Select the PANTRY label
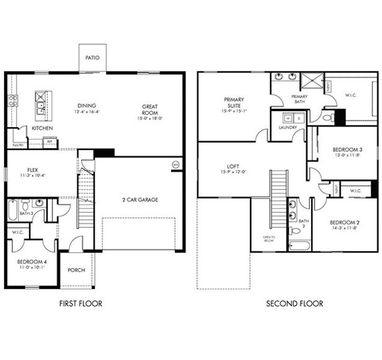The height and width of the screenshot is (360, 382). click(18, 145)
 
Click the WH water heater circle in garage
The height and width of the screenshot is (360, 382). click(175, 164)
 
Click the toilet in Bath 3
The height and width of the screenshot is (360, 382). click(39, 203)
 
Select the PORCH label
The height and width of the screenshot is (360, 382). click(76, 270)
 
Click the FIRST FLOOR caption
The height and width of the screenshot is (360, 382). click(80, 304)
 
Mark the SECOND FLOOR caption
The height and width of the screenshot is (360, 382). click(294, 304)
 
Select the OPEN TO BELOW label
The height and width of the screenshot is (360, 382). click(268, 240)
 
